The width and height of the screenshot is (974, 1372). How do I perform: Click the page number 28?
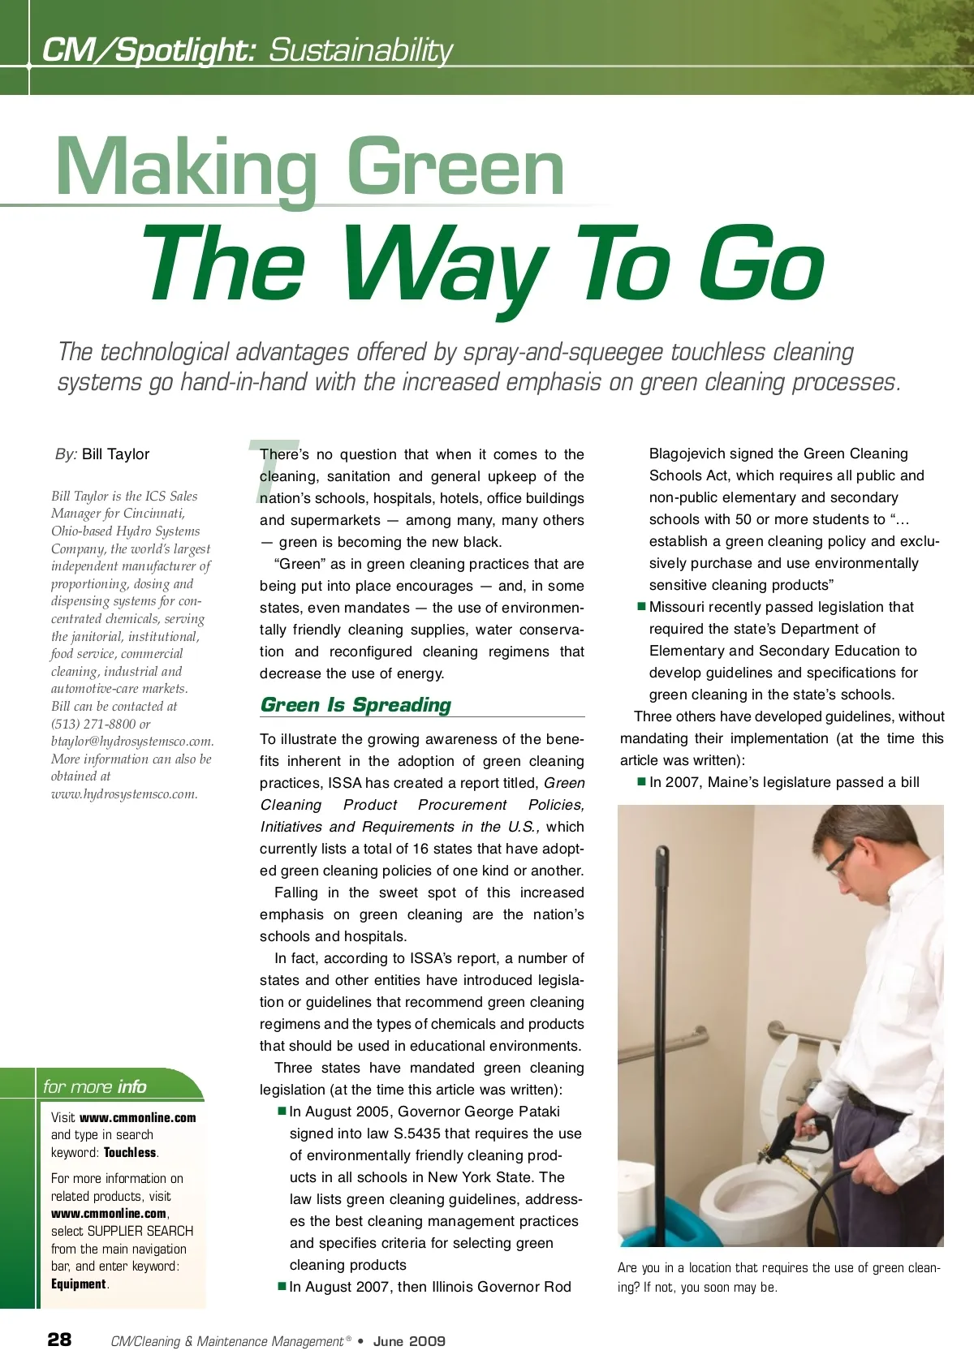(59, 1340)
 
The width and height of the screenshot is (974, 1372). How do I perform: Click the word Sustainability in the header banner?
(360, 50)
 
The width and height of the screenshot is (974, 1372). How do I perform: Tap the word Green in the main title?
(455, 169)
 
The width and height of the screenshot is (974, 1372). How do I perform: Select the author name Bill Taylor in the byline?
(115, 454)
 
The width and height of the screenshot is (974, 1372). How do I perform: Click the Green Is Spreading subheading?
(356, 705)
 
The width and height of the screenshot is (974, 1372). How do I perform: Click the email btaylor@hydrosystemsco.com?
(132, 742)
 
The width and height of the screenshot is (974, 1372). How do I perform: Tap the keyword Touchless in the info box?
(130, 1152)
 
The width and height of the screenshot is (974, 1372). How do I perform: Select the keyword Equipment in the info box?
(79, 1284)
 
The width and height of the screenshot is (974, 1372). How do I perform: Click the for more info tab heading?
(95, 1086)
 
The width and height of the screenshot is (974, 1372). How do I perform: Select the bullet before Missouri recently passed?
(641, 606)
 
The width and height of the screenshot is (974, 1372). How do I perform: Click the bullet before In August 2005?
(282, 1111)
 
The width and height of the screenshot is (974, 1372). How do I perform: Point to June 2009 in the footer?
(409, 1341)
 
